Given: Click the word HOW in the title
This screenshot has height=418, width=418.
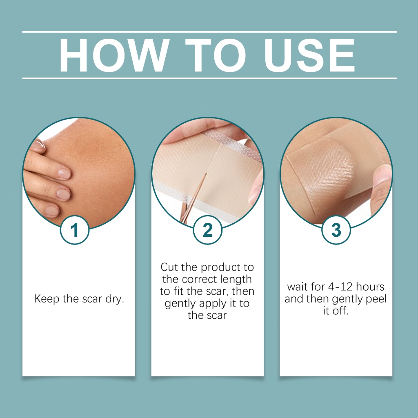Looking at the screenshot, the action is [x=114, y=55].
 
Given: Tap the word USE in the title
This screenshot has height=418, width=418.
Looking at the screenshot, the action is [x=309, y=55].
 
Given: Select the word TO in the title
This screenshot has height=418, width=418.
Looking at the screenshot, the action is [x=215, y=55].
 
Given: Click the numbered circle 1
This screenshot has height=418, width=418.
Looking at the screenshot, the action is [x=75, y=230].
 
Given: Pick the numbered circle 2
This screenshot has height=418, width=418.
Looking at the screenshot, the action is [x=207, y=230].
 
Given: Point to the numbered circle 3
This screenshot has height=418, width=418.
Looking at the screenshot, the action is [x=336, y=230].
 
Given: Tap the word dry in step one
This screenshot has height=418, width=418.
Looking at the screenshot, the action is [x=115, y=299].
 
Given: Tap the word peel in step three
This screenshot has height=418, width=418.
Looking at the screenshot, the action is [x=376, y=299].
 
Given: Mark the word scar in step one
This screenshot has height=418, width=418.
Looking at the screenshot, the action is [x=92, y=299].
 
